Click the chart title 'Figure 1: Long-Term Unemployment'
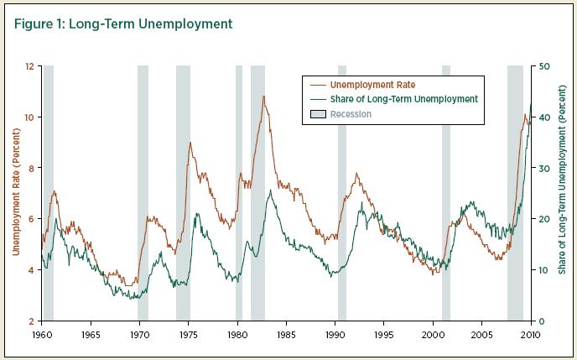coord(123,23)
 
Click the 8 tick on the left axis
coord(30,168)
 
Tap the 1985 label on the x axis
coord(286,334)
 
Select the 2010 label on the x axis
coord(529,334)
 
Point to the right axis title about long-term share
coord(564,193)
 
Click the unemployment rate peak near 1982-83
coord(264,97)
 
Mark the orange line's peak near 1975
coord(190,143)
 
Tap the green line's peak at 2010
coord(530,105)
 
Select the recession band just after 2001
coord(446,193)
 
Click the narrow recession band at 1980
coord(239,193)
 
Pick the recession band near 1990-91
coord(342,193)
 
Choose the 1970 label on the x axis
coord(139,334)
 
